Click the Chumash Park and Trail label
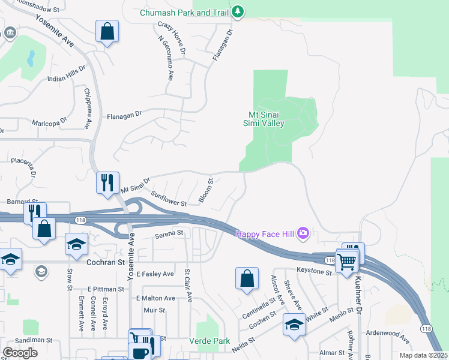click(x=184, y=13)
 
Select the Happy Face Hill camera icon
click(x=304, y=233)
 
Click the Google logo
click(x=20, y=353)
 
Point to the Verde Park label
click(x=209, y=341)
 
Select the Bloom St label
click(x=206, y=190)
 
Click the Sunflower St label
click(x=170, y=199)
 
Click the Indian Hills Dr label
click(x=67, y=73)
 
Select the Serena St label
click(x=169, y=233)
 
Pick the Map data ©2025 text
click(x=423, y=355)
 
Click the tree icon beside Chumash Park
click(x=238, y=11)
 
